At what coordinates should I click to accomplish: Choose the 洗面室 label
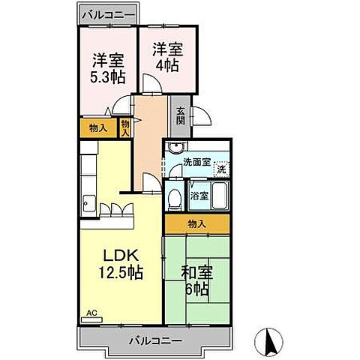click(198, 161)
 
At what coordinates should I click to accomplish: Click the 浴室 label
click(199, 196)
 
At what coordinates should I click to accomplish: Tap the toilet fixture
click(174, 199)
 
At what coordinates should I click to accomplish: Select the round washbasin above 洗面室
click(175, 147)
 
